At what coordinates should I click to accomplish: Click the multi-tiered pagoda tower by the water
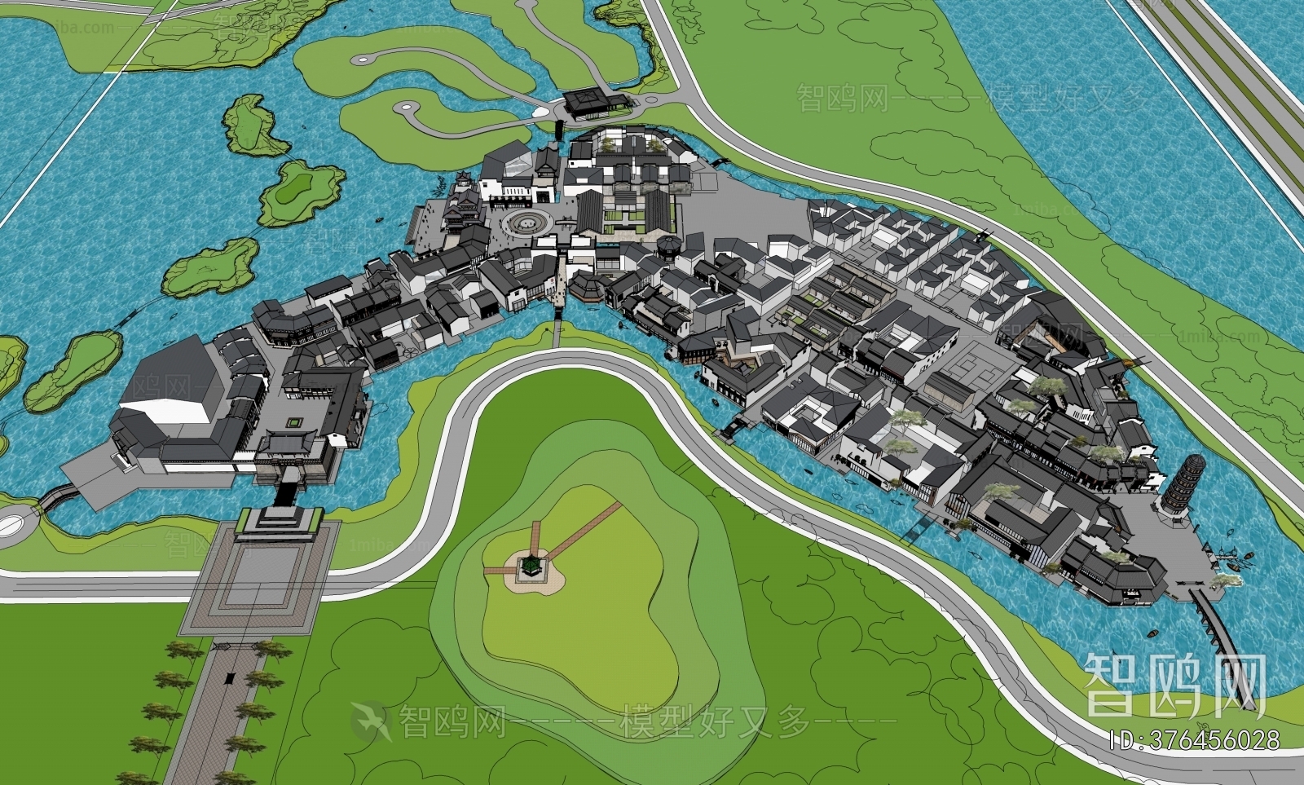[x=1175, y=487]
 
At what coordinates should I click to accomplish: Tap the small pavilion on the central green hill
[x=531, y=564]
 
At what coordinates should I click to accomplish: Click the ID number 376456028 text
[x=1195, y=739]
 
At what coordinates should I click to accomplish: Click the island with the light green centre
[x=301, y=189]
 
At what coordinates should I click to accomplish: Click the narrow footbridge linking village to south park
[x=557, y=330]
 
